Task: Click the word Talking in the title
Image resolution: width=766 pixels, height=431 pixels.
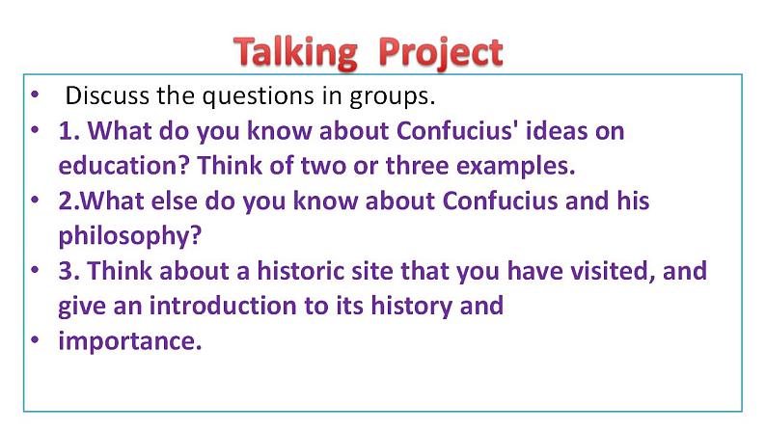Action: click(295, 53)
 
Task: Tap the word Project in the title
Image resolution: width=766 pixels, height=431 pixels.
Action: click(441, 53)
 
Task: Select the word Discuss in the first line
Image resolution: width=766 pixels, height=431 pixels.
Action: click(107, 95)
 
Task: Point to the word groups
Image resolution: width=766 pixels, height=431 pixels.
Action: click(392, 96)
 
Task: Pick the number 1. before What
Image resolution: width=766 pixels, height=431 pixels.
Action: click(69, 131)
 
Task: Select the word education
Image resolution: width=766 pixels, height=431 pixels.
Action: click(123, 166)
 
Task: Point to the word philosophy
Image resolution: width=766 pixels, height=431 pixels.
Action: click(130, 237)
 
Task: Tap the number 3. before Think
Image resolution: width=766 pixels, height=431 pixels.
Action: click(69, 270)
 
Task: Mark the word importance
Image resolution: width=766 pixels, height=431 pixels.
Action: click(130, 341)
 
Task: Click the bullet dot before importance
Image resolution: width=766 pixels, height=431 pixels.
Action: click(35, 339)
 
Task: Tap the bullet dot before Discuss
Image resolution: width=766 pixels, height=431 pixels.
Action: click(35, 94)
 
